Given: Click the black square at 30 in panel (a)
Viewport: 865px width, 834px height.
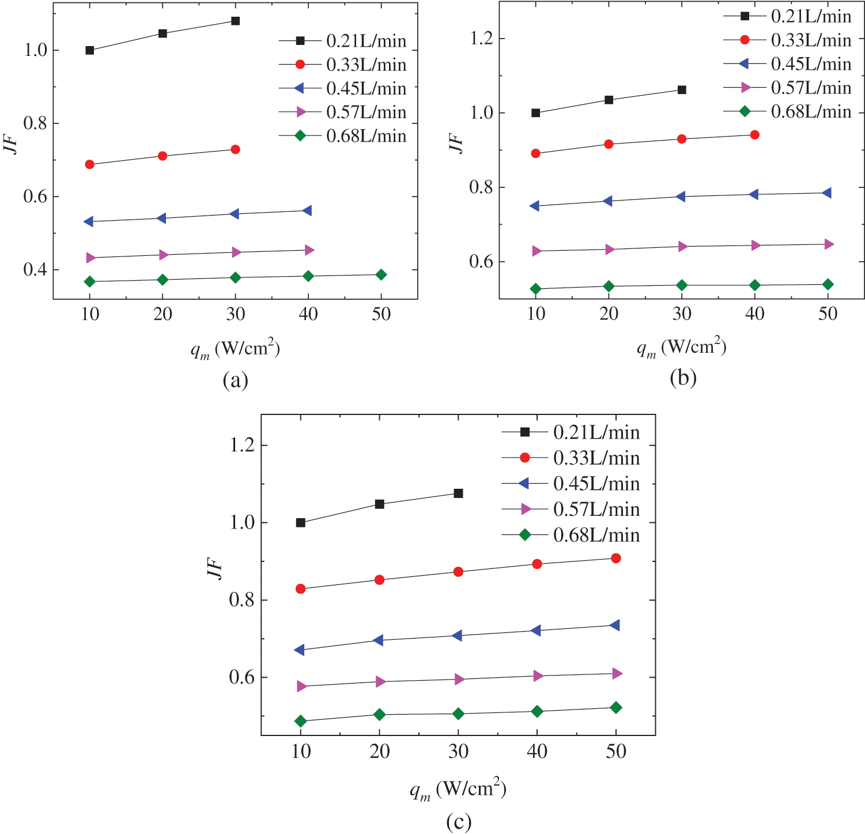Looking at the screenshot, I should pyautogui.click(x=235, y=21).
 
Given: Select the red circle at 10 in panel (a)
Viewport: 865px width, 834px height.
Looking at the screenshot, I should pyautogui.click(x=89, y=164).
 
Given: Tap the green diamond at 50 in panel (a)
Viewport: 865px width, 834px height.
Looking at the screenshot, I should pyautogui.click(x=381, y=274).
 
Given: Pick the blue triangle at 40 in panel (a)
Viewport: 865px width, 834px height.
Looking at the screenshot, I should pyautogui.click(x=307, y=210).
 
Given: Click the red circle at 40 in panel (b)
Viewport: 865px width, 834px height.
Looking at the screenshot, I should pyautogui.click(x=754, y=135).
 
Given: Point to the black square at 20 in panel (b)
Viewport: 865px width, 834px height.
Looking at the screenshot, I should pyautogui.click(x=609, y=100).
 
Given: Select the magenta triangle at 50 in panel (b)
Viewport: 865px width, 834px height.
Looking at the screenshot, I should pyautogui.click(x=828, y=244).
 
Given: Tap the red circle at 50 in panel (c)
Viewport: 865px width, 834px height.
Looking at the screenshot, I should pyautogui.click(x=615, y=558).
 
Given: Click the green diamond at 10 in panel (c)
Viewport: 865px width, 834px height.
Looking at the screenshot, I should pyautogui.click(x=300, y=721).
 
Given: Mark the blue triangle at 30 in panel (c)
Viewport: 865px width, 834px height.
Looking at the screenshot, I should pyautogui.click(x=457, y=635).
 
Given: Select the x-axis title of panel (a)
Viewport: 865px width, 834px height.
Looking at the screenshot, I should pyautogui.click(x=235, y=349).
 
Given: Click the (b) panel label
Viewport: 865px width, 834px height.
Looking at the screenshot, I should pyautogui.click(x=683, y=378).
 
